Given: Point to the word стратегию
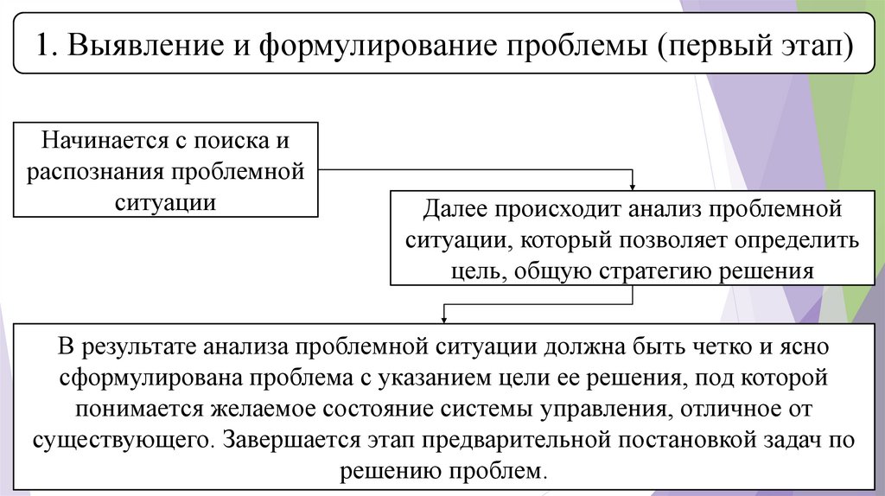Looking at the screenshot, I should [x=646, y=270].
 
